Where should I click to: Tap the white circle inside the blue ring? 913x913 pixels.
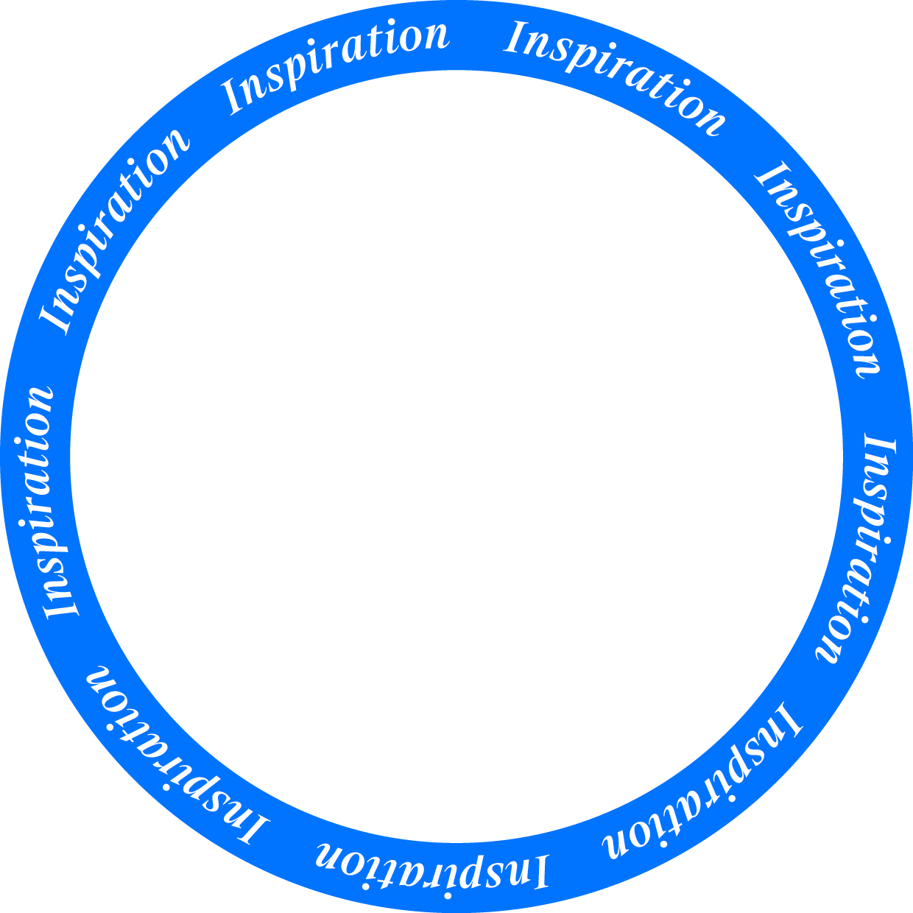456,456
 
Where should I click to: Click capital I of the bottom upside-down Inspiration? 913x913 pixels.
539,872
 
